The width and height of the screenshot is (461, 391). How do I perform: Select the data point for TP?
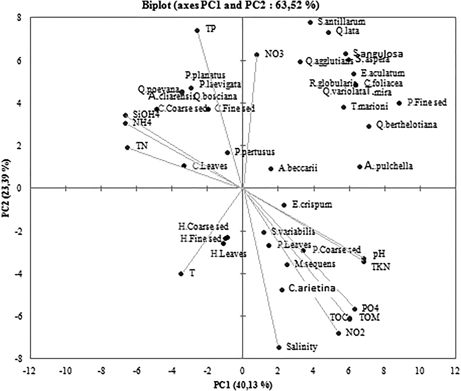pos(197,31)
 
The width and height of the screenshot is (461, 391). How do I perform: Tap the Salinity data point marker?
pos(279,347)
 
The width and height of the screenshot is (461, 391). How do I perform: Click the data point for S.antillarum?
pos(310,22)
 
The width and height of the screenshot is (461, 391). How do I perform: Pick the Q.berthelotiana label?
pos(407,125)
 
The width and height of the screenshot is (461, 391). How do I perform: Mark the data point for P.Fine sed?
pos(399,103)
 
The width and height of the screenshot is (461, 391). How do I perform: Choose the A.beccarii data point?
pos(271,169)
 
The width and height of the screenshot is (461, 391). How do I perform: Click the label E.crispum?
pos(312,205)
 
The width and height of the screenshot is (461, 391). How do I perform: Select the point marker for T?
pos(181,274)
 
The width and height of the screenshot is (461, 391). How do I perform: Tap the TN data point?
pos(127,148)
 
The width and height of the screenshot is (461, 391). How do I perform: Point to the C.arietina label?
pos(312,288)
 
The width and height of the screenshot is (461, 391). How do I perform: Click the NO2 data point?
pos(339,333)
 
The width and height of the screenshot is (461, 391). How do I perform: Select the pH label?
pos(379,254)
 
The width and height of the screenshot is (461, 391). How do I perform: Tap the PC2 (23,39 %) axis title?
pos(6,188)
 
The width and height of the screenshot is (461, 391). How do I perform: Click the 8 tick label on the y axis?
pos(19,18)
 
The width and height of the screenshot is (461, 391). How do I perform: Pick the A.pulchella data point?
pos(360,167)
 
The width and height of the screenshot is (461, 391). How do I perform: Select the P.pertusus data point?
pos(227,153)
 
